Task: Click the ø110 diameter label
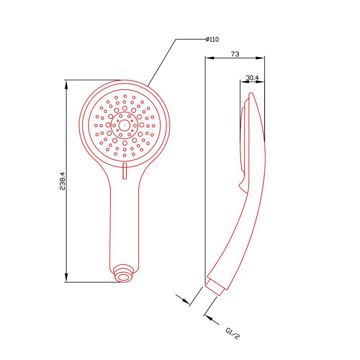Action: pos(212,39)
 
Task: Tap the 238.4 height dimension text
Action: pos(62,181)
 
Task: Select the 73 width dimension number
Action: pos(235,54)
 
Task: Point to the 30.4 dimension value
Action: pos(252,78)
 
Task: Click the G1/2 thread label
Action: pos(233,333)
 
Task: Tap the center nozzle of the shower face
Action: pos(125,125)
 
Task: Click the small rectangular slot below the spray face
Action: pos(125,171)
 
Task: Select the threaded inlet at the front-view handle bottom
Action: pos(124,273)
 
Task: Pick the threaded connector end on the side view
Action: pos(215,287)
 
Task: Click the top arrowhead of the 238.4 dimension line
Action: pos(66,85)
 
